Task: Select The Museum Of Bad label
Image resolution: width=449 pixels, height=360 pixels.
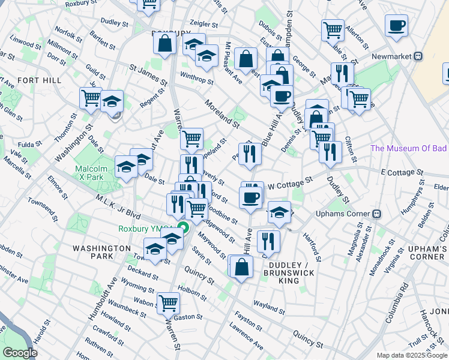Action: tap(409, 148)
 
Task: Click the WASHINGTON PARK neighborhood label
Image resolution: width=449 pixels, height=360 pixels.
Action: tap(93, 251)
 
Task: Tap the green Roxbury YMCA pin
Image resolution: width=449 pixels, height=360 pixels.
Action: tap(180, 228)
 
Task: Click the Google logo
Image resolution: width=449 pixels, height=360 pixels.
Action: tap(20, 353)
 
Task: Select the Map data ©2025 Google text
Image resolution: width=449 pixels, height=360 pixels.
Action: tap(411, 355)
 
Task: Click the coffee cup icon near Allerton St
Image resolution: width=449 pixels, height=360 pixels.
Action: tap(396, 26)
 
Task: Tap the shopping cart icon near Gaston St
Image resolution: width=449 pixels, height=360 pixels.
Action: tap(168, 303)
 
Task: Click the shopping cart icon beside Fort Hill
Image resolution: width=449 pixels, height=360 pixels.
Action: tap(91, 98)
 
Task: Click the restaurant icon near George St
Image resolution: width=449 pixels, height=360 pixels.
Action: tap(342, 73)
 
